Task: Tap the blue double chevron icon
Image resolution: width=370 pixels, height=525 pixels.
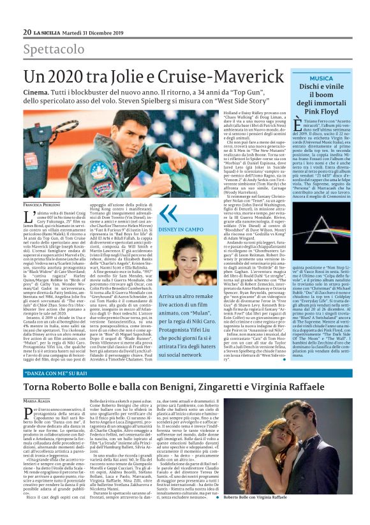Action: coord(167,214)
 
